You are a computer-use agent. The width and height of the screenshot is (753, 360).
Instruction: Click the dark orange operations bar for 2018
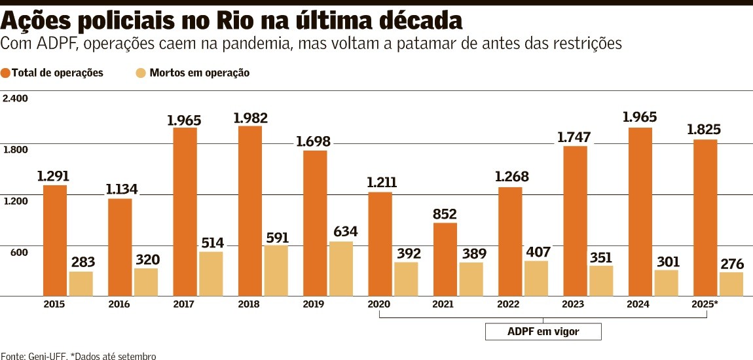point(250,211)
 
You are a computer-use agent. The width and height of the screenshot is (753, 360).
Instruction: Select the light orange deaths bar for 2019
point(340,268)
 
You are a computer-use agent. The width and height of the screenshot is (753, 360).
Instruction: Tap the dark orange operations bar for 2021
point(445,259)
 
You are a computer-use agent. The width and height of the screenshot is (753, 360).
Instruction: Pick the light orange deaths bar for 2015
point(81,283)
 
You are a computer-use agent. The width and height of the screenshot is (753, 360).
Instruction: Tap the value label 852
point(445,214)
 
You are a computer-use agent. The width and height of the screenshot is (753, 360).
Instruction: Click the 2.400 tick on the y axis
point(15,98)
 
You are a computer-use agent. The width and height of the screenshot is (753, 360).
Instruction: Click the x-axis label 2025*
point(705,304)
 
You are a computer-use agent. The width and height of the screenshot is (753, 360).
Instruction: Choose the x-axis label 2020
point(380,304)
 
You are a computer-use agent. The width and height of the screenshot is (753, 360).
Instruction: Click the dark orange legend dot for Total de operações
point(6,73)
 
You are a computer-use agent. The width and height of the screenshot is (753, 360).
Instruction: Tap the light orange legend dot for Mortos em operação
point(140,73)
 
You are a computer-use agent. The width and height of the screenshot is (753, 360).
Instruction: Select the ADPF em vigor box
point(543,332)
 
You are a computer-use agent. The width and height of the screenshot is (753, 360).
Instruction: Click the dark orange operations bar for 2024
point(640,211)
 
